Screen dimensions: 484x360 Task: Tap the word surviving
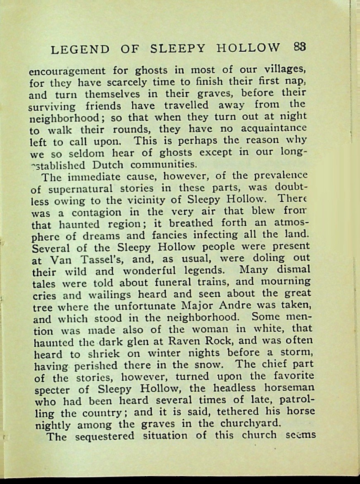click(52, 107)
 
